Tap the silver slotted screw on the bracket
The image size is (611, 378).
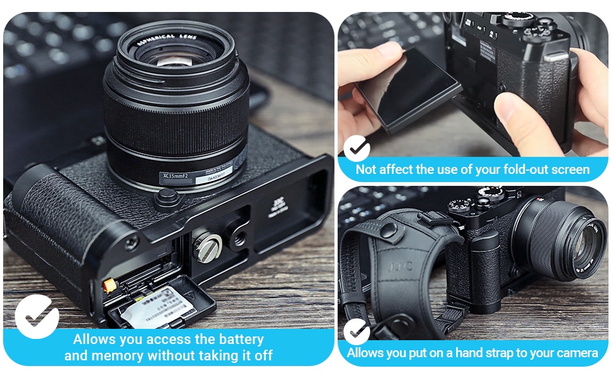click(x=205, y=240)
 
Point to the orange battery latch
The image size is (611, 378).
click(x=109, y=285)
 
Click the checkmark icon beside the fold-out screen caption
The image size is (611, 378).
click(x=357, y=149)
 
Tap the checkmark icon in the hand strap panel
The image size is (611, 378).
click(x=357, y=331)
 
